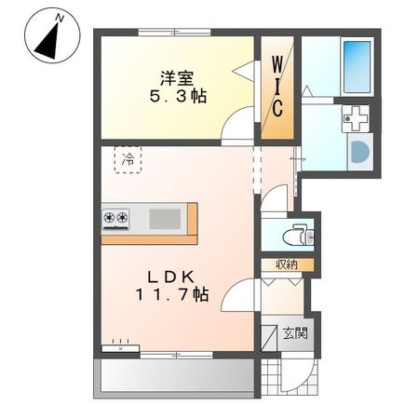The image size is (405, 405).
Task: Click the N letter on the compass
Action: tap(60, 19)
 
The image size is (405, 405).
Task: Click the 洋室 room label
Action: tap(177, 78)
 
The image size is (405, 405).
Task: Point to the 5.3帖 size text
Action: tap(179, 97)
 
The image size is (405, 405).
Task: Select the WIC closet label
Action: tap(277, 88)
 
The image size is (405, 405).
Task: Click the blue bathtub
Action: tap(357, 67)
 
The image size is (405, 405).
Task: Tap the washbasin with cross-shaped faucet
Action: tap(356, 118)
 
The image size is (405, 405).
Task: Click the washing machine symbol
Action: tap(360, 152)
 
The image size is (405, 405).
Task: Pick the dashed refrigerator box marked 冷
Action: tap(128, 159)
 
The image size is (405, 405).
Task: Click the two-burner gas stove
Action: tap(115, 218)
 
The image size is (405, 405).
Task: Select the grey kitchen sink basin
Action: tap(165, 219)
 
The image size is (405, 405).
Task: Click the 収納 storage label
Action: tap(287, 264)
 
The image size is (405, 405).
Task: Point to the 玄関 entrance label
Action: tap(295, 333)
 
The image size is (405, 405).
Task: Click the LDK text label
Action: tap(170, 277)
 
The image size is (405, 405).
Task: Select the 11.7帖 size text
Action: tap(171, 295)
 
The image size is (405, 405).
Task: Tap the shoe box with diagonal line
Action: tap(270, 337)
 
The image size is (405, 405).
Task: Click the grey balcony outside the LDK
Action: tap(177, 378)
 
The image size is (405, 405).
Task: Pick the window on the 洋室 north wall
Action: tap(174, 33)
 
